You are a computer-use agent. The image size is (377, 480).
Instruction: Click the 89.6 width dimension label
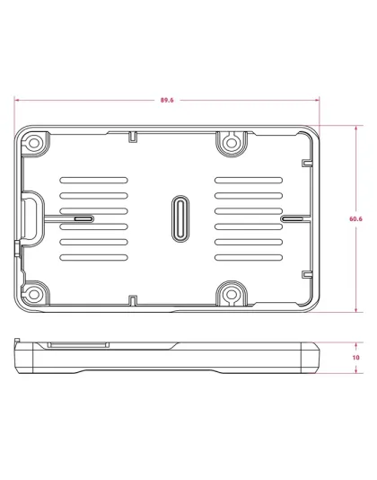click(167, 100)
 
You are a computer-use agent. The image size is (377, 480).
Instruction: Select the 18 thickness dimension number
click(355, 357)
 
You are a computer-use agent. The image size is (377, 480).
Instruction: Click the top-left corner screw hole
click(33, 142)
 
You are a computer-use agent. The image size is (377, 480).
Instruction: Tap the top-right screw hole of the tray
click(231, 142)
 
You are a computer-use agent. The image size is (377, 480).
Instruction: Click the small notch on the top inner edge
click(132, 136)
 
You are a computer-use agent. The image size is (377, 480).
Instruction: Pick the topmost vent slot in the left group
click(93, 179)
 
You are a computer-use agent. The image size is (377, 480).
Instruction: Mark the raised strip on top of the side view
click(79, 342)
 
